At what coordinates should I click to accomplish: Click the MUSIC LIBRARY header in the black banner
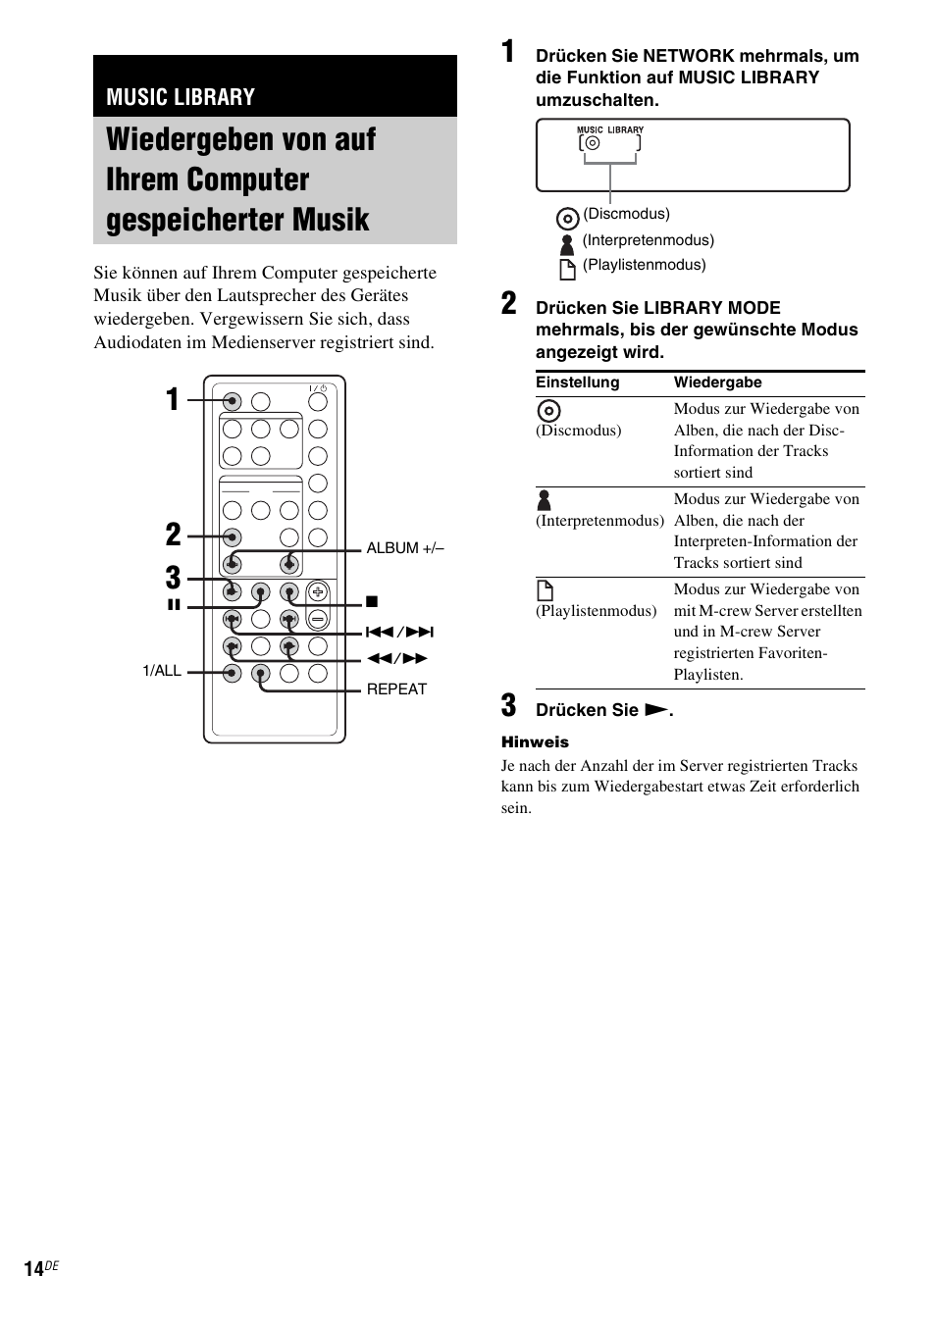(x=181, y=96)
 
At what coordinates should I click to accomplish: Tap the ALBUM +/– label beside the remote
(x=405, y=548)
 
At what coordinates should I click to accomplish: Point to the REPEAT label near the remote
(x=396, y=688)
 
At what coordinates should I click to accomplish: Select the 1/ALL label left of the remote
(x=162, y=671)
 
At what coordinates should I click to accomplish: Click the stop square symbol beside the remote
(x=372, y=601)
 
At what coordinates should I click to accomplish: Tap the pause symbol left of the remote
(x=174, y=604)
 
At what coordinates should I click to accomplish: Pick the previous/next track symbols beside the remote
(x=399, y=633)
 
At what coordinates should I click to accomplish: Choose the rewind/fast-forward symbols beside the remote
(x=397, y=658)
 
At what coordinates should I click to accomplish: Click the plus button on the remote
(x=317, y=591)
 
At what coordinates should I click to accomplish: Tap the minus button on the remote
(x=317, y=619)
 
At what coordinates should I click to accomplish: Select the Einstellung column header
(x=577, y=382)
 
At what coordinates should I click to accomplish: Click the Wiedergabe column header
(x=717, y=382)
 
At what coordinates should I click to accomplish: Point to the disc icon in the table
(x=548, y=412)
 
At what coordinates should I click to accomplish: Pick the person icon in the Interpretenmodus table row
(x=545, y=500)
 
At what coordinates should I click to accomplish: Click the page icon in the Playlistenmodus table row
(x=546, y=590)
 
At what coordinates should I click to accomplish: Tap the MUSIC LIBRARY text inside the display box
(x=609, y=129)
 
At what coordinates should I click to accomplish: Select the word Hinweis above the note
(x=535, y=742)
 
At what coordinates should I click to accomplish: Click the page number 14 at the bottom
(x=34, y=1269)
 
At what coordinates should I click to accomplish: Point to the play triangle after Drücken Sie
(x=655, y=710)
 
